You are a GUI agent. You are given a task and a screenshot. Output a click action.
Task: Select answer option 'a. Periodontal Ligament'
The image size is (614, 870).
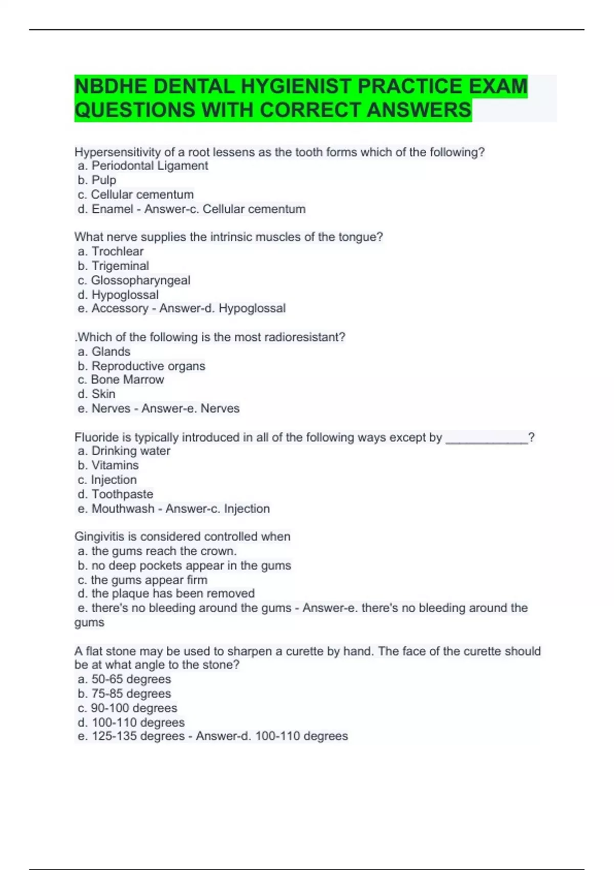[143, 166]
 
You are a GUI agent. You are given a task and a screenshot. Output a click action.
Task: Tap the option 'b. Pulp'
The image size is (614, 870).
[97, 180]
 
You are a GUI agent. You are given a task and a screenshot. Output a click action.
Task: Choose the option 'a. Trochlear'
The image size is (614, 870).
[111, 251]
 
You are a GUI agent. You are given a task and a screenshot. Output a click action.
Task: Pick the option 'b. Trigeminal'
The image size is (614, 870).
[113, 266]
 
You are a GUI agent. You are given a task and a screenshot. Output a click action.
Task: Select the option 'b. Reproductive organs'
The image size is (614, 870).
[141, 366]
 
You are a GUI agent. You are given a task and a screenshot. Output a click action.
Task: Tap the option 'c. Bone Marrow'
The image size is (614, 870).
[121, 380]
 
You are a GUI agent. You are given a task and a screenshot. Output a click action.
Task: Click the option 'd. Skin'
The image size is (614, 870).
[97, 394]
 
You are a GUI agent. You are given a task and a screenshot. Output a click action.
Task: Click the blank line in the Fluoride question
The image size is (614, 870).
[487, 438]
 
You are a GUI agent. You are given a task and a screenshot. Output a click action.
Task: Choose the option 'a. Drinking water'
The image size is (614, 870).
[124, 451]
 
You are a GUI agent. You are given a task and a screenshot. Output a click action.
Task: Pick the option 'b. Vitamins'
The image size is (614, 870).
[108, 465]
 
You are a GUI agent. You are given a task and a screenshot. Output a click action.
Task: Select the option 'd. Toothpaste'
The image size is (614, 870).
[115, 494]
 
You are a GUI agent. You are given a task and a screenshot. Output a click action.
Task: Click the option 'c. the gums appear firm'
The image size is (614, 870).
[142, 580]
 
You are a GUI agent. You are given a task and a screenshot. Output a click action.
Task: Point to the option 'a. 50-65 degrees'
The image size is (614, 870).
[124, 679]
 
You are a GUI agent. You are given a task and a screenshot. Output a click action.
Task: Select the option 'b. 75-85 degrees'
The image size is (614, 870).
[124, 693]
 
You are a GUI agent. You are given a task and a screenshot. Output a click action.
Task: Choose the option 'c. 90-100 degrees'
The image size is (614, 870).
[127, 708]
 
